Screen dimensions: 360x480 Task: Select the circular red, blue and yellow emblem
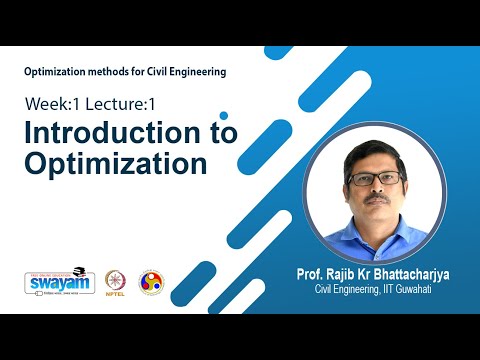pyautogui.click(x=151, y=282)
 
